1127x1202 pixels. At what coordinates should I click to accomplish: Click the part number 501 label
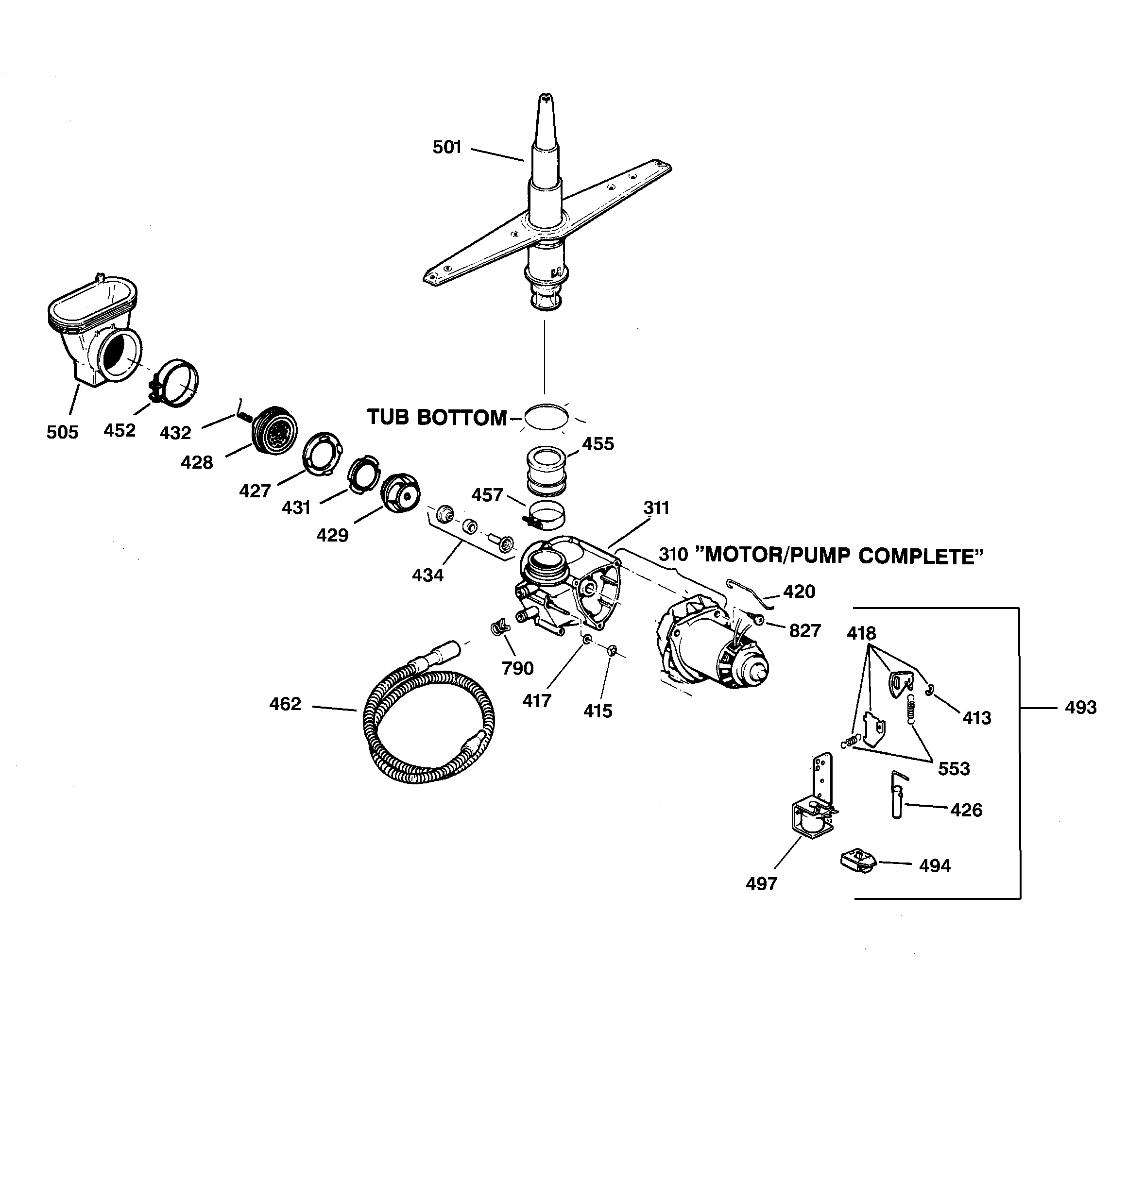(x=447, y=147)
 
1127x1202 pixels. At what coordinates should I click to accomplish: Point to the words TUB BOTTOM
(x=437, y=418)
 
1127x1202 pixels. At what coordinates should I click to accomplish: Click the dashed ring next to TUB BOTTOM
(x=546, y=417)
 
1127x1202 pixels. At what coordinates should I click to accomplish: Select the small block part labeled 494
(x=858, y=861)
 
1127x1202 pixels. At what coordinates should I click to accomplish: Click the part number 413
(x=976, y=718)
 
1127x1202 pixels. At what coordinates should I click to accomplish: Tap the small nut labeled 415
(x=611, y=651)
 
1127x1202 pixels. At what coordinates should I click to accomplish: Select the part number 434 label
(x=427, y=575)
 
